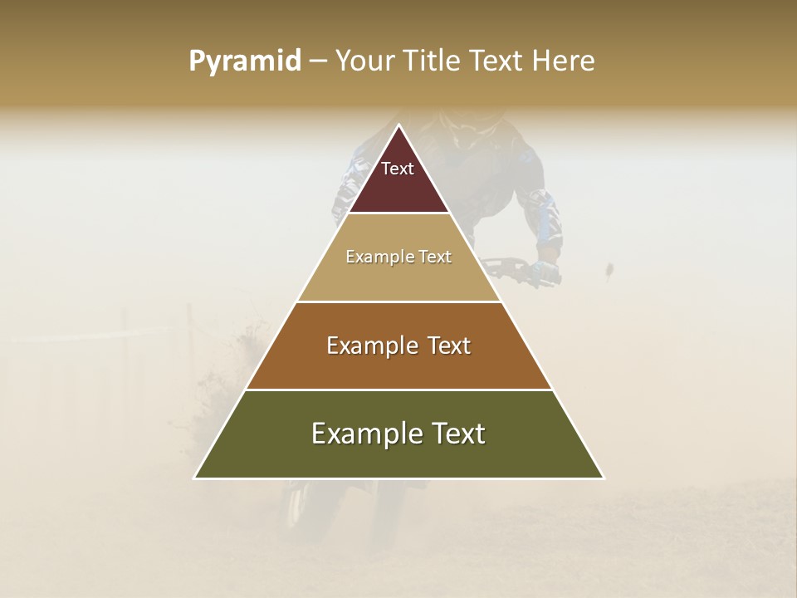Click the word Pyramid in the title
coord(245,61)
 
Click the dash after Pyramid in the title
coord(318,61)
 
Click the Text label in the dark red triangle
coord(398,169)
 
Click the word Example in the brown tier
coord(370,346)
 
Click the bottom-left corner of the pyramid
coord(195,478)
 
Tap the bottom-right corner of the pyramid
coord(604,478)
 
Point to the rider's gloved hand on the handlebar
coord(544,270)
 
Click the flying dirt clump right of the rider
coord(610,268)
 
